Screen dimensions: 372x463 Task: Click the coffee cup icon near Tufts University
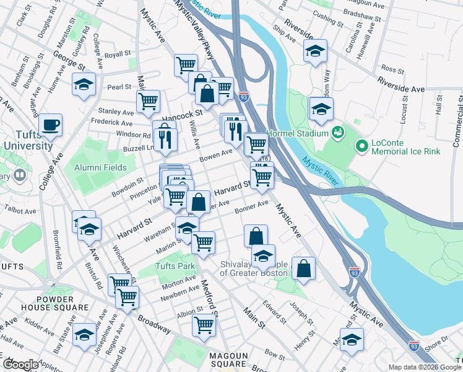click(51, 125)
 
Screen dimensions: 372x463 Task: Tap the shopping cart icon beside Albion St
click(204, 324)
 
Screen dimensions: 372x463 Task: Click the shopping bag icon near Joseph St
click(303, 268)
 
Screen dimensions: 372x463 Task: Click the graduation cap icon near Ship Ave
click(315, 52)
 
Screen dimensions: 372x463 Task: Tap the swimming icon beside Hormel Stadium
click(337, 131)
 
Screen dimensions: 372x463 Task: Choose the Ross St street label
click(392, 69)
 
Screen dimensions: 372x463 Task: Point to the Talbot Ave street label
click(22, 211)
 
